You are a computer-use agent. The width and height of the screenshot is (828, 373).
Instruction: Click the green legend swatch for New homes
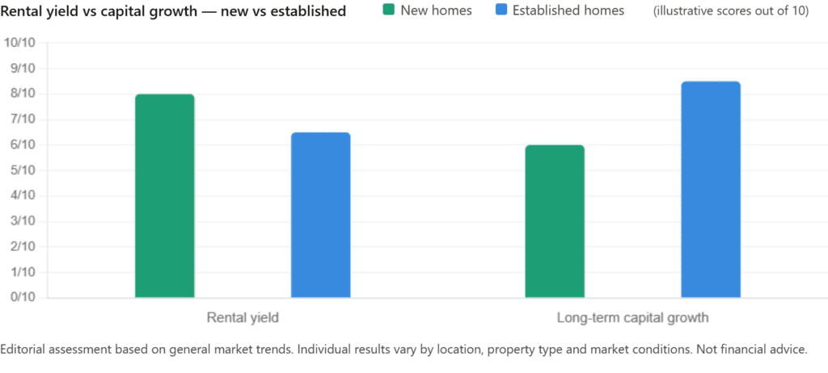[388, 11]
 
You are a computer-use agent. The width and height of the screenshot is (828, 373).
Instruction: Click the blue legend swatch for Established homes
[501, 11]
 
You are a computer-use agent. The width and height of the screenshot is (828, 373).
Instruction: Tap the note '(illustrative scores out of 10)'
[736, 11]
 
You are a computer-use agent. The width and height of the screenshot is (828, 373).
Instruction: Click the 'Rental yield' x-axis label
[243, 317]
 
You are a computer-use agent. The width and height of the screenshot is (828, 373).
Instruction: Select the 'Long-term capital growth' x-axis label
[632, 317]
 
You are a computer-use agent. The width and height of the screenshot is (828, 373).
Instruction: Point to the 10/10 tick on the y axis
[21, 44]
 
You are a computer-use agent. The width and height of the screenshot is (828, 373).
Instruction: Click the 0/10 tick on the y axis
[21, 297]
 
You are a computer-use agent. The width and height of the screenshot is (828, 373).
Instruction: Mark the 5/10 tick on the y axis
[21, 170]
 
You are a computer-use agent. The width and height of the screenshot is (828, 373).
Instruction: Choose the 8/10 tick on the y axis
[21, 94]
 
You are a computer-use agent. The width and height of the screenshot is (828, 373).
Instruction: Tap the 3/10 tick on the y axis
[21, 221]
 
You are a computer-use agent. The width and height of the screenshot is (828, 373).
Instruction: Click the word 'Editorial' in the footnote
[24, 349]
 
